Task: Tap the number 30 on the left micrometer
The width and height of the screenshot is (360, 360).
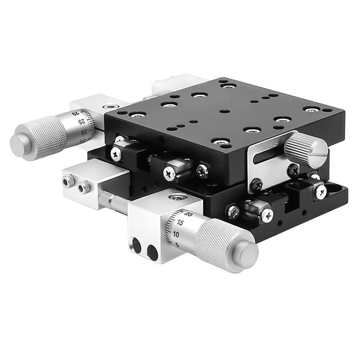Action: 84,132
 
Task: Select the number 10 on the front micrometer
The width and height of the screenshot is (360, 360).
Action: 176,234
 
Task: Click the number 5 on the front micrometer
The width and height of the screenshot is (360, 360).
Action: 177,245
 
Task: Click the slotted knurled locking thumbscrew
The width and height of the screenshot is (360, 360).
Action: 306,146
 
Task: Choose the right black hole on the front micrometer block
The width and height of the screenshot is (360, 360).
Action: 153,253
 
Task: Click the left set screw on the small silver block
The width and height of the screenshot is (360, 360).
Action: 68,181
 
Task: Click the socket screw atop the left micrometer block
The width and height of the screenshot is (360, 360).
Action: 107,107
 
